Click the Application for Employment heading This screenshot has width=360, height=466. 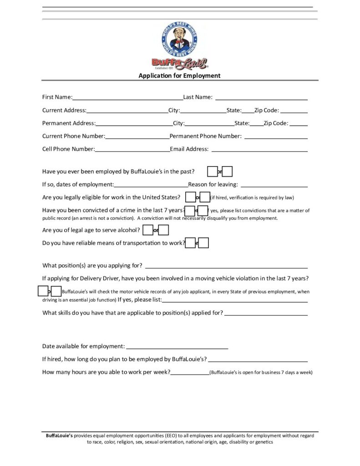pos(179,76)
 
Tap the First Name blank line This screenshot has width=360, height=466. pos(127,98)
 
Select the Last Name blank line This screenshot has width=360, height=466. pos(261,98)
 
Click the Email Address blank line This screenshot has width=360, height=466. pos(259,150)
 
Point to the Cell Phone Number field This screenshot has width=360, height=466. pos(132,150)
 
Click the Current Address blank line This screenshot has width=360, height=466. pos(127,111)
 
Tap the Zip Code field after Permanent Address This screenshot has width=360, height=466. pos(298,124)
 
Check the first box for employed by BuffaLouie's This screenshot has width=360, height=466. pos(212,172)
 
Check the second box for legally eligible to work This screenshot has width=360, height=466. pos(205,197)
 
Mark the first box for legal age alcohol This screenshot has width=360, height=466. pos(147,230)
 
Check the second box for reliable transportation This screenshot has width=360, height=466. pos(204,243)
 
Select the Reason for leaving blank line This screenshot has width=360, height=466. pos(274,186)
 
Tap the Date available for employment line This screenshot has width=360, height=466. pos(177,348)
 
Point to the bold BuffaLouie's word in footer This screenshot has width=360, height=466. pos(59,436)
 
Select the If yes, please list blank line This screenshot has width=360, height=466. pos(235,301)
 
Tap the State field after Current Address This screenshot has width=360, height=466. pos(248,111)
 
